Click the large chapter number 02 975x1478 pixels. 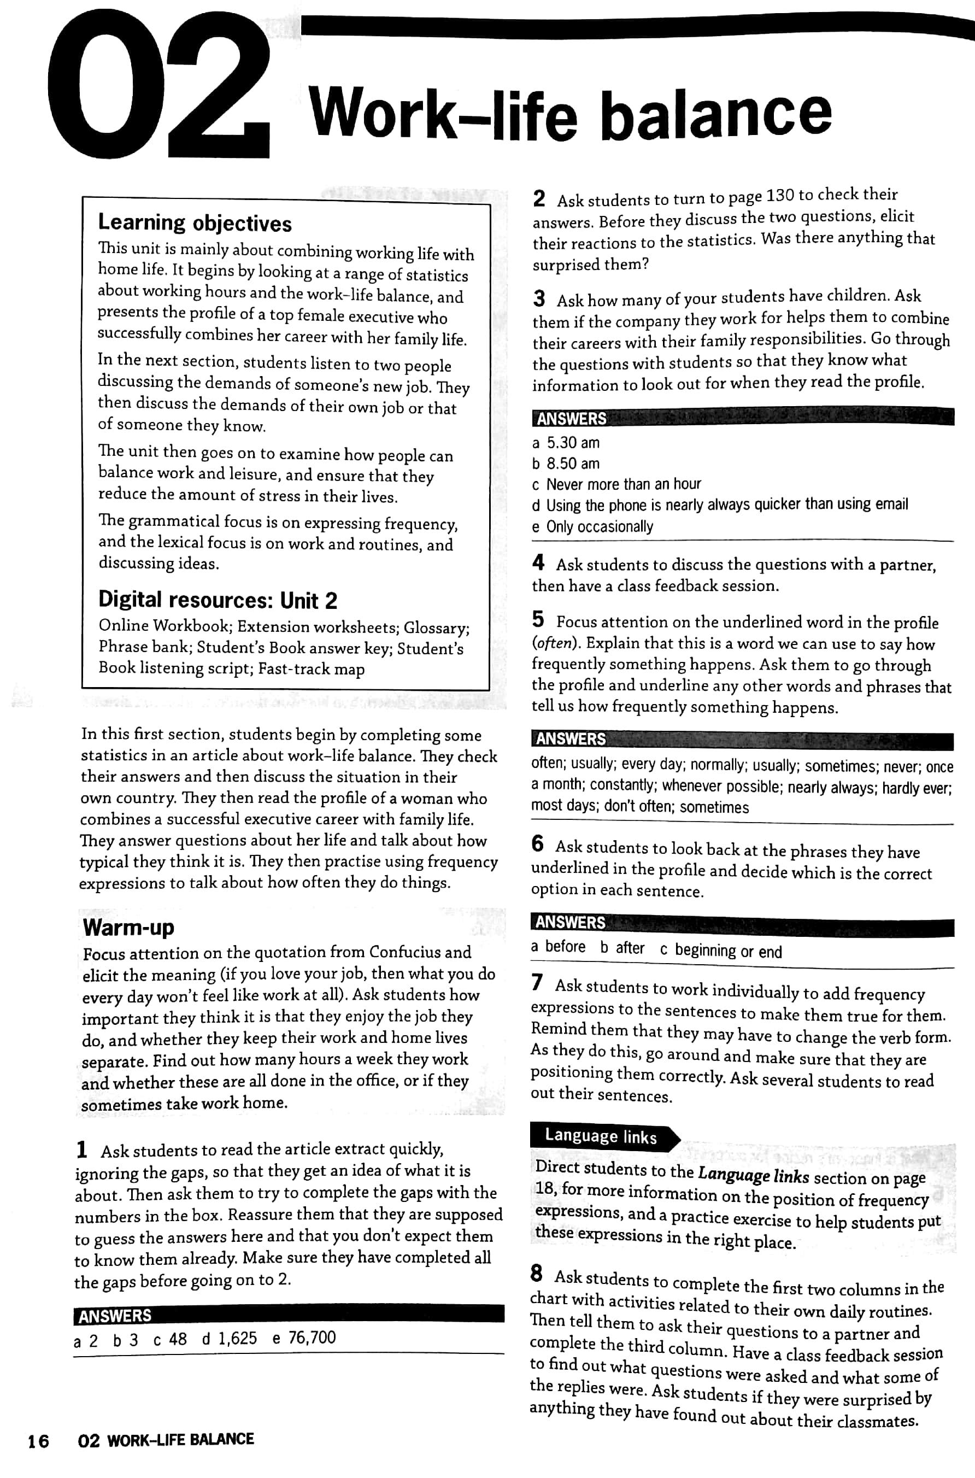(158, 84)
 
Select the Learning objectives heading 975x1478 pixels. (195, 222)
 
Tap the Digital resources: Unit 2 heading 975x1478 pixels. (218, 600)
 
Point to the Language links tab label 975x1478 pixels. (601, 1136)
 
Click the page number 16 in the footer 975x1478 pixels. (39, 1441)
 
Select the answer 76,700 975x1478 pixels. (312, 1338)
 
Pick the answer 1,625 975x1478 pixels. (237, 1338)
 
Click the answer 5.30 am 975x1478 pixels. (573, 443)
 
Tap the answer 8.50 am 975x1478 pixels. (573, 463)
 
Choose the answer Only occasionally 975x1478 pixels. (600, 527)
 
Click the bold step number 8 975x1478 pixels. (537, 1274)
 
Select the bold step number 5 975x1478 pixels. (538, 619)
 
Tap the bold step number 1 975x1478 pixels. (81, 1149)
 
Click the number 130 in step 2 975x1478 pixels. (780, 196)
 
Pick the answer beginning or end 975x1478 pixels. (728, 951)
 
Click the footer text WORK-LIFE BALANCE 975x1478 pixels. (180, 1439)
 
